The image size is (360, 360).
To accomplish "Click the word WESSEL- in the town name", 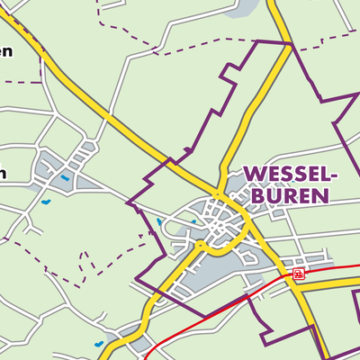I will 290,174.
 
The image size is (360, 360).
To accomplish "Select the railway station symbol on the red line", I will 298,273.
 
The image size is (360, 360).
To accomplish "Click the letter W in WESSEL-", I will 254,174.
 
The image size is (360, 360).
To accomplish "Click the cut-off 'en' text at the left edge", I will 6,51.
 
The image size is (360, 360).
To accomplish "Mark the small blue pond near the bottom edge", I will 98,344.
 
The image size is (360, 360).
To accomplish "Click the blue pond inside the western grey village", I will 65,176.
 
